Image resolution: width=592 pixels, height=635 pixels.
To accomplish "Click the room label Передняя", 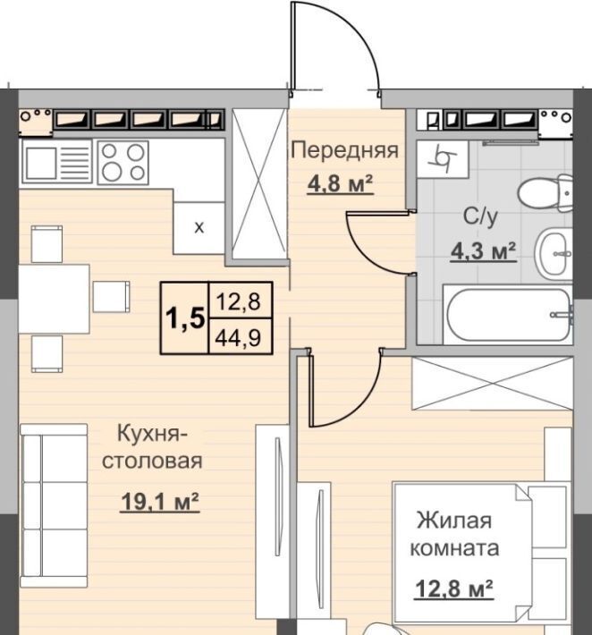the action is point(345,151).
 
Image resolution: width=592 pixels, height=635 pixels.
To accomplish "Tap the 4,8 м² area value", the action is point(340,184).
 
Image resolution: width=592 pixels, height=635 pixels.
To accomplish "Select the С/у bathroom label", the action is point(480,217).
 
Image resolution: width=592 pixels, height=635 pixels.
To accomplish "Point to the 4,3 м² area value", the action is point(483,252).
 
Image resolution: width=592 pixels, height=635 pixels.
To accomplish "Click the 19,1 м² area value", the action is point(160,502).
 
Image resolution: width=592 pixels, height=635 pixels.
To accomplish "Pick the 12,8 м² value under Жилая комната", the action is point(453,588).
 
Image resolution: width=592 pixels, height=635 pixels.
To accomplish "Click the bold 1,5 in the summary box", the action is point(184,318).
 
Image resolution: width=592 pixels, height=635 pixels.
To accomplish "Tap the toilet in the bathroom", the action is point(545,194).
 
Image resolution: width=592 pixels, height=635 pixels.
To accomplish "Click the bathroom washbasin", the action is point(554,253).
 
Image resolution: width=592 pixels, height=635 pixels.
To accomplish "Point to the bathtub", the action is point(508,315).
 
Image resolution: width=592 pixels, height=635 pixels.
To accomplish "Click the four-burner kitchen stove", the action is point(123,162).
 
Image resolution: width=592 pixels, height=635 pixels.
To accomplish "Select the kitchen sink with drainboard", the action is point(58,163).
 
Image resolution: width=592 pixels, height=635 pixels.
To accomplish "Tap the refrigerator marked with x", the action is point(199,228).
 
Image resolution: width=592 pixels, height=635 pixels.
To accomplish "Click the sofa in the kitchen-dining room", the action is point(54,506).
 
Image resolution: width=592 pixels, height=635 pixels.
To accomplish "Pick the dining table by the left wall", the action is point(54,299).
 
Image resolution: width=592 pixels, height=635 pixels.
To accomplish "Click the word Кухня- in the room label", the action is point(152,434).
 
